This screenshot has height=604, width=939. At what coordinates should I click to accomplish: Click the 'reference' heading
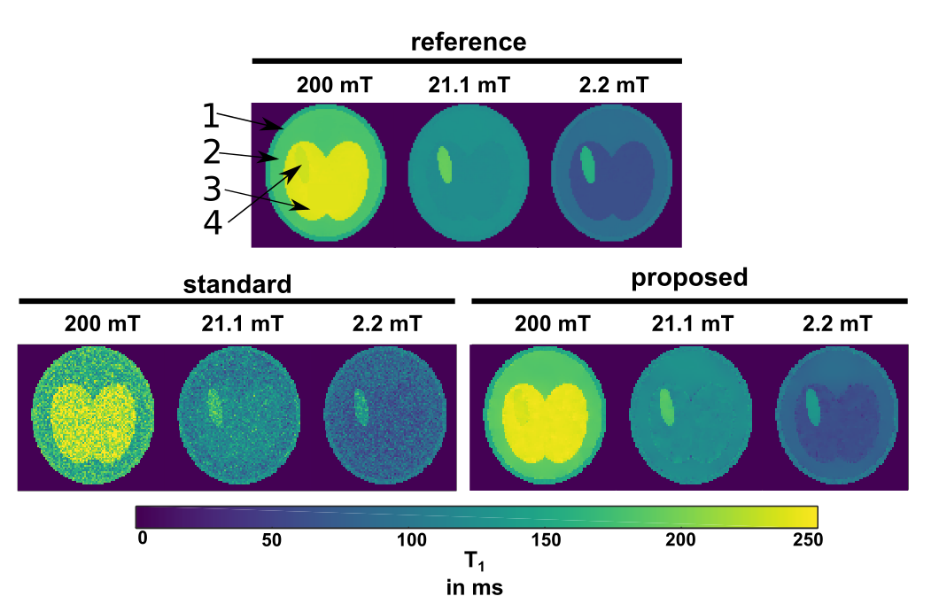(468, 42)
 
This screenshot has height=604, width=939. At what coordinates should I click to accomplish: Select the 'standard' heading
(237, 284)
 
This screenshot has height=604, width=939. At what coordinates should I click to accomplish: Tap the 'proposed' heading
(689, 277)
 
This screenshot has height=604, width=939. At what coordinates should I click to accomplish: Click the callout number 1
(209, 115)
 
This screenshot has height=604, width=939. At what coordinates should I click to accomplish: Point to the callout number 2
(211, 151)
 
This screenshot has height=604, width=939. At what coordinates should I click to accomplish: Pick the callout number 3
(211, 188)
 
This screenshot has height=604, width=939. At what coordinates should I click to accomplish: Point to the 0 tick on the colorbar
(142, 538)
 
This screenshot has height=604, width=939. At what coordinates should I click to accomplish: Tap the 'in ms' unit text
(477, 585)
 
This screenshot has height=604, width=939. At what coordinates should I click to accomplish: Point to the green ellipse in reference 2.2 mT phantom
(586, 164)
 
